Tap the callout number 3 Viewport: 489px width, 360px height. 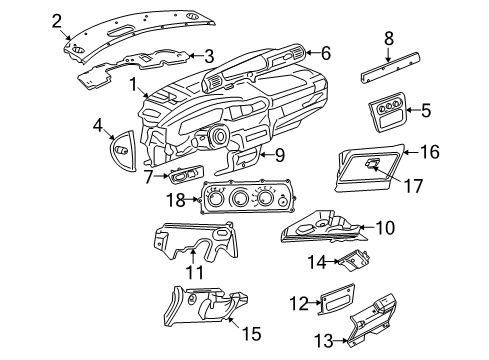coord(208,55)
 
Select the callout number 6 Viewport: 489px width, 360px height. coord(326,53)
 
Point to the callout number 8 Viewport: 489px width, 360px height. coord(389,37)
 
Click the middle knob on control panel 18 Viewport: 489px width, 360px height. coord(240,200)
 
